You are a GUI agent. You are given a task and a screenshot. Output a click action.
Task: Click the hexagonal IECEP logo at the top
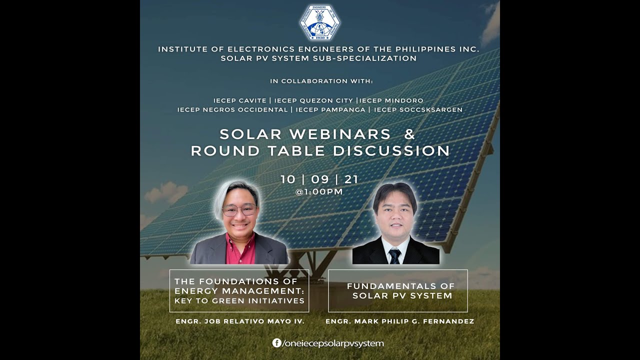click(320, 22)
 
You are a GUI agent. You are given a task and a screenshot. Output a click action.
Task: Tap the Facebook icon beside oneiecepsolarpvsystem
click(276, 343)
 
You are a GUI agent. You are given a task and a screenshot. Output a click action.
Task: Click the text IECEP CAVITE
click(239, 100)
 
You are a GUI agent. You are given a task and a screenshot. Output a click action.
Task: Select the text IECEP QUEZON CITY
click(313, 100)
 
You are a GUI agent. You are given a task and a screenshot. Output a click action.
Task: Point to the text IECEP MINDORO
click(392, 100)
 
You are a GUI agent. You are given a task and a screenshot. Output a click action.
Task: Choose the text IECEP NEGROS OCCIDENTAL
click(232, 109)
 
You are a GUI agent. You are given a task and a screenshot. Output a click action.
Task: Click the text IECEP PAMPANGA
click(330, 109)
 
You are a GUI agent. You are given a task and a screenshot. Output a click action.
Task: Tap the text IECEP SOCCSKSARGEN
click(418, 109)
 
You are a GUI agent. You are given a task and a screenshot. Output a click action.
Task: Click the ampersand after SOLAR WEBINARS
click(409, 134)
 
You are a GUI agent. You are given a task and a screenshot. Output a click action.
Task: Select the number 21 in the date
click(351, 179)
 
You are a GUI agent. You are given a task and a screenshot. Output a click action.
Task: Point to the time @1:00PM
click(319, 192)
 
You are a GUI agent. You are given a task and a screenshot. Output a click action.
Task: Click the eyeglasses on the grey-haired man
click(239, 210)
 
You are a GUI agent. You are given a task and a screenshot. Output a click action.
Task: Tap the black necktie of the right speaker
click(395, 256)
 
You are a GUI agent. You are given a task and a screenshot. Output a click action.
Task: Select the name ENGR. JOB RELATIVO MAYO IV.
click(240, 321)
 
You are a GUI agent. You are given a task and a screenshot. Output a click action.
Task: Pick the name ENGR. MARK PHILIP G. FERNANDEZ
click(399, 321)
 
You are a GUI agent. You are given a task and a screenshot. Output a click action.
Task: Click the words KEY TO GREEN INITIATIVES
click(239, 301)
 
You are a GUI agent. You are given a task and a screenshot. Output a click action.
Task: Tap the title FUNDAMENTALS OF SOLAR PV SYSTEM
click(401, 291)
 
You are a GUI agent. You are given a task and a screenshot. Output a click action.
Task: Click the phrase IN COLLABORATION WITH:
click(321, 81)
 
